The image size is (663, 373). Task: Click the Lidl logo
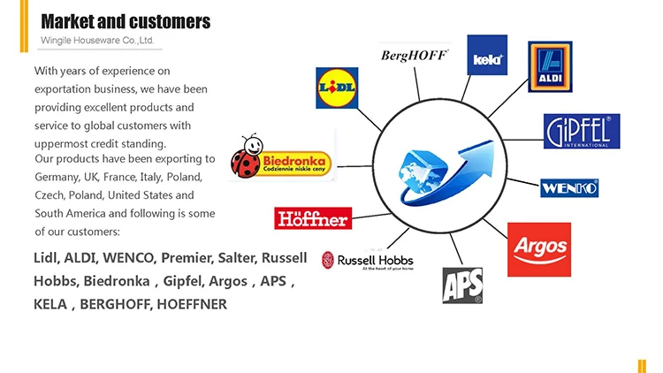(336, 88)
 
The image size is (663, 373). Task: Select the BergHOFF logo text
(414, 56)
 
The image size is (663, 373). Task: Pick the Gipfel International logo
(581, 132)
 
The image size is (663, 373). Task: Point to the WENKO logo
(569, 187)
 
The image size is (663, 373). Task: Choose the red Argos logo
(538, 249)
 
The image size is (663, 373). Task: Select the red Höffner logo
(313, 217)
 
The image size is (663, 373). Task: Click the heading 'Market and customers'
(126, 20)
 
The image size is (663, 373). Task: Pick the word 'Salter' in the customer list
(236, 258)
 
